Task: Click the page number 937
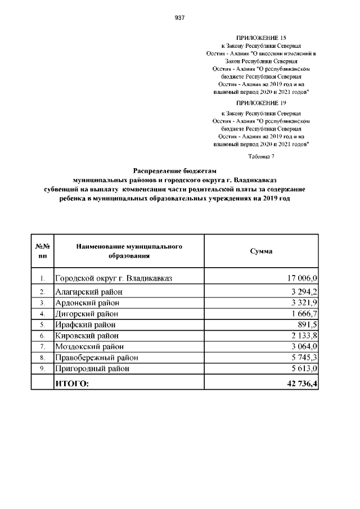(x=180, y=17)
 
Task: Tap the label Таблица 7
(x=261, y=156)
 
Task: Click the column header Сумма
(x=261, y=251)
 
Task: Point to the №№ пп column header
(x=43, y=251)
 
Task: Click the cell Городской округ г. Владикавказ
(x=113, y=278)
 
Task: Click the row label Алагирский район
(x=88, y=292)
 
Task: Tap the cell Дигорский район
(x=87, y=313)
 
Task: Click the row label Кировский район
(x=87, y=335)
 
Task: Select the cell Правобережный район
(x=96, y=357)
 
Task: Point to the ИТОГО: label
(x=71, y=384)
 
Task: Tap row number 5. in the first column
(x=43, y=325)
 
